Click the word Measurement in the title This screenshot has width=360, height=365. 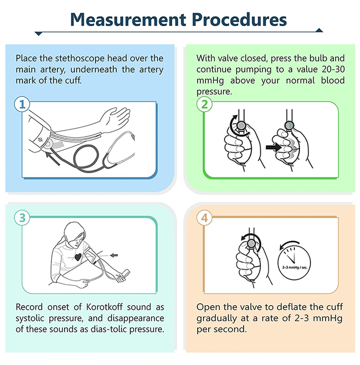tap(128, 20)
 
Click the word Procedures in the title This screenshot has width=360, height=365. tap(240, 20)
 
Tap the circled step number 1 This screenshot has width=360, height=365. tap(22, 104)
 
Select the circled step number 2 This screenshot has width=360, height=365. tap(204, 104)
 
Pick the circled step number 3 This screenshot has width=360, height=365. tap(22, 218)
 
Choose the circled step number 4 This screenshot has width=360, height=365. tap(204, 218)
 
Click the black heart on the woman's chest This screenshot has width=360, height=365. tap(78, 257)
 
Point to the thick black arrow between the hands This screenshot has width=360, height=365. tap(273, 147)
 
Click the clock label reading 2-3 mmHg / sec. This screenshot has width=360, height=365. tap(294, 267)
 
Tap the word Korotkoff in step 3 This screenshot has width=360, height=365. tap(104, 307)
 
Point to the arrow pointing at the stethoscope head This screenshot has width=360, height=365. tap(53, 159)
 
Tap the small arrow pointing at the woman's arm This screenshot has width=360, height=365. tap(114, 256)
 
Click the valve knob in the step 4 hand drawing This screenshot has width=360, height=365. tap(251, 244)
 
